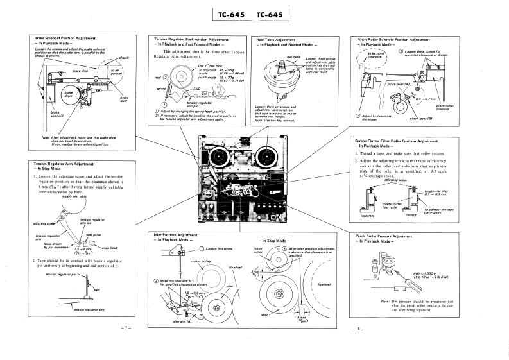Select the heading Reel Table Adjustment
click(276, 39)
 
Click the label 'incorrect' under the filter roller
click(368, 216)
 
